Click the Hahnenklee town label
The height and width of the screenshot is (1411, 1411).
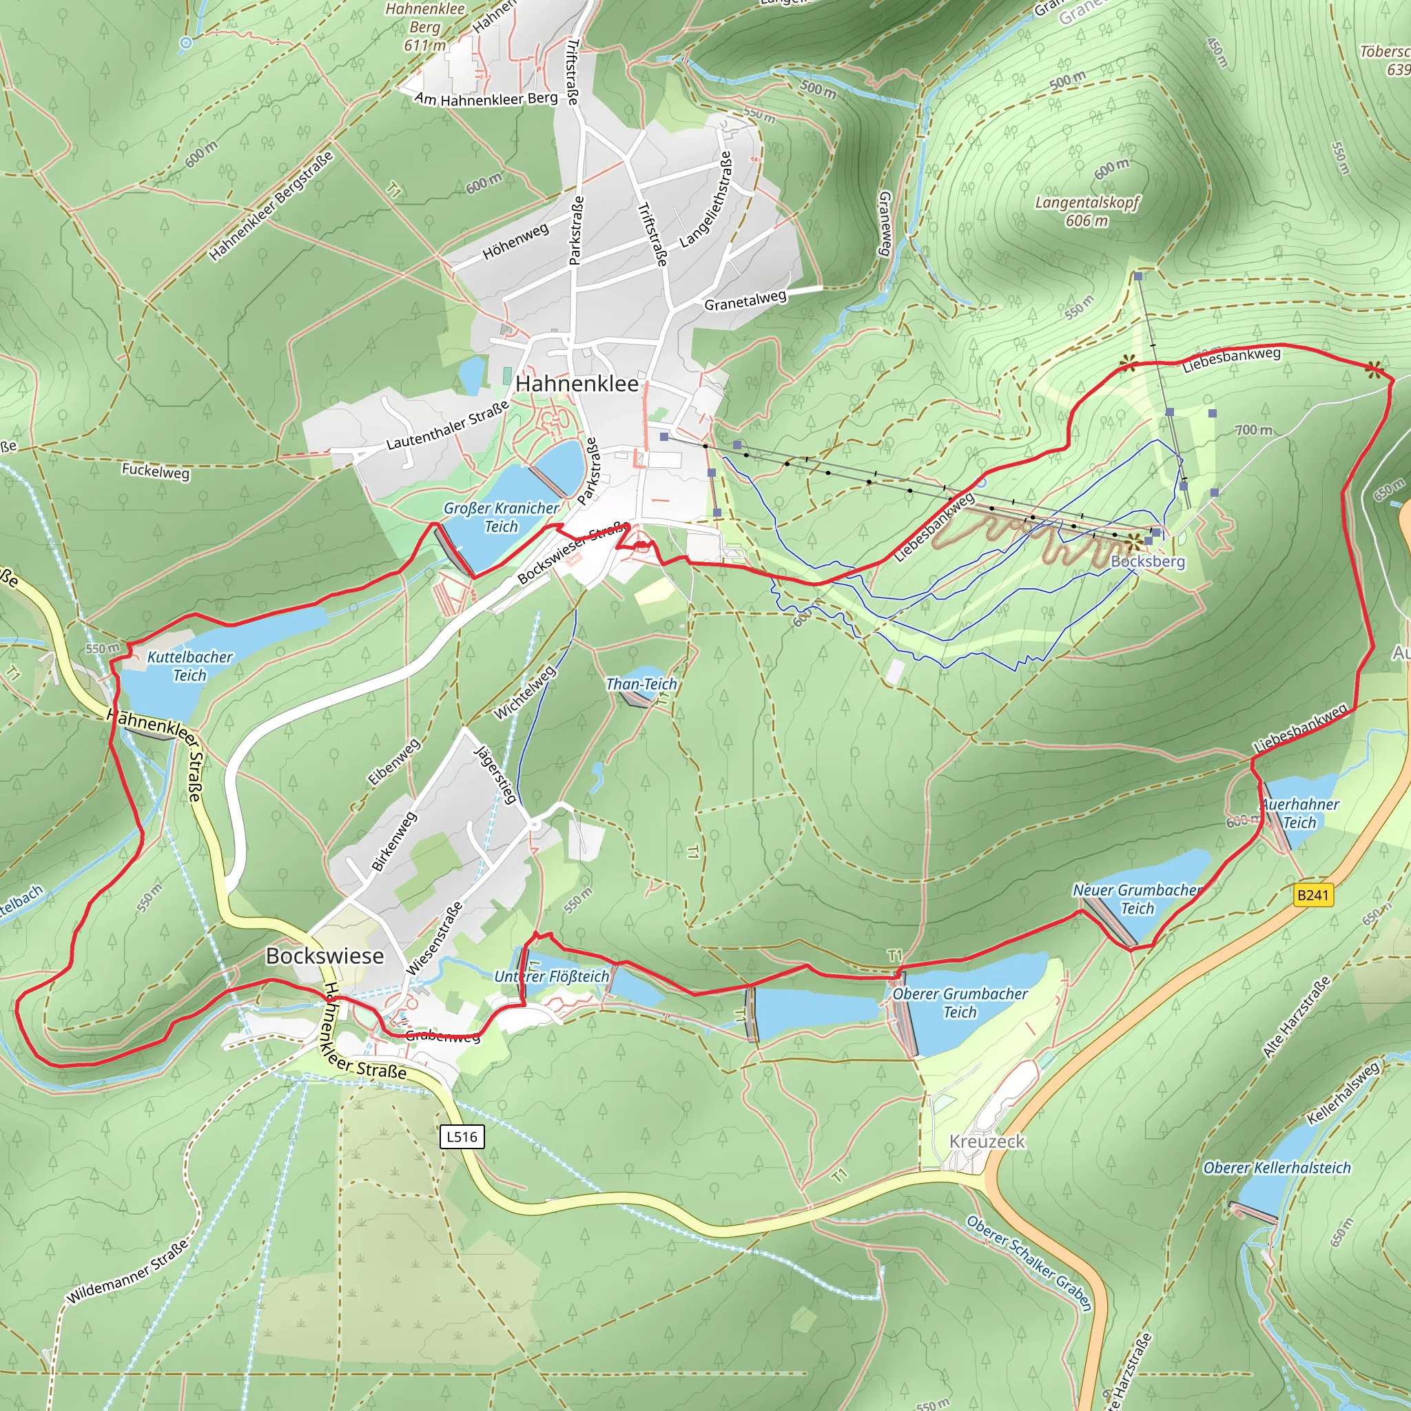coord(576,384)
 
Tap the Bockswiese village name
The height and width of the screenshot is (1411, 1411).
coord(325,956)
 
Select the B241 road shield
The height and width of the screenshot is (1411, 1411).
coord(1313,896)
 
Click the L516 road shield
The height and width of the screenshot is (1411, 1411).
coord(462,1136)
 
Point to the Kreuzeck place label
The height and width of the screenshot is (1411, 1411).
coord(987,1142)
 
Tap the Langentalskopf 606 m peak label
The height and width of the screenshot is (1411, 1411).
coord(1086,211)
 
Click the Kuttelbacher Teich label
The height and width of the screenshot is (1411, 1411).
coord(190,666)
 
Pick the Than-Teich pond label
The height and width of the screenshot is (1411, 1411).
coord(641,684)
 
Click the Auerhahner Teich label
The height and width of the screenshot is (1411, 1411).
coord(1300,814)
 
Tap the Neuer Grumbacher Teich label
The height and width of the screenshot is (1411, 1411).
coord(1137,899)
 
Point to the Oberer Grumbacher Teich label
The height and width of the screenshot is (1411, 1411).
coord(960,1002)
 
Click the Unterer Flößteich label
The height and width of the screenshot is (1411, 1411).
coord(551,976)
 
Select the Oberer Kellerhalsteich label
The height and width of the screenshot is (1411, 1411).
coord(1277,1168)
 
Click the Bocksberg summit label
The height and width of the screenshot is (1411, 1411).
coord(1147,561)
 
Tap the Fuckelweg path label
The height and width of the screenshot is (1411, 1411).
coord(156,471)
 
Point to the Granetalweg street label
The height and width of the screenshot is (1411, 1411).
coord(745,300)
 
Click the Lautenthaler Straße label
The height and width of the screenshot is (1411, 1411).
coord(447,426)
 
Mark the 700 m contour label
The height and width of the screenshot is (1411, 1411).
coord(1253,430)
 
